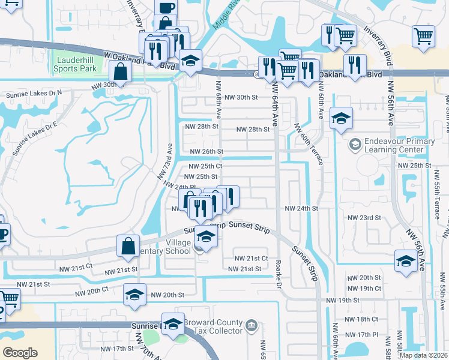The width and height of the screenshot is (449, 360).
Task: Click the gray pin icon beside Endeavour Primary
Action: click(355, 144)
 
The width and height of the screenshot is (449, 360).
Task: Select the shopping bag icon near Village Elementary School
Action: click(129, 246)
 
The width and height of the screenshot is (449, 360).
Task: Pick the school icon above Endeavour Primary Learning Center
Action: click(341, 118)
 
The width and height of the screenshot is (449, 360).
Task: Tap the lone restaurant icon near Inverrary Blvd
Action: click(355, 64)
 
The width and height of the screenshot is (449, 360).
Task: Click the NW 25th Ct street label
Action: click(206, 166)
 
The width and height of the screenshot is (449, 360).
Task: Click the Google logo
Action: click(20, 352)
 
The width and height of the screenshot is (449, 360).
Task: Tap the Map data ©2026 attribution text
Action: click(423, 355)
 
